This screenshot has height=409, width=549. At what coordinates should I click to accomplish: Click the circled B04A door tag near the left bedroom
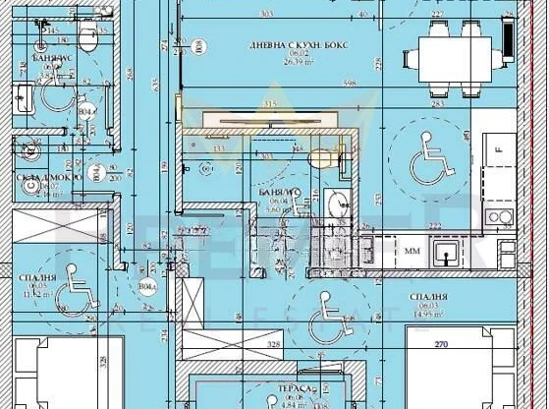(147, 287)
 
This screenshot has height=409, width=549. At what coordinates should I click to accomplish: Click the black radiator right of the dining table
(507, 36)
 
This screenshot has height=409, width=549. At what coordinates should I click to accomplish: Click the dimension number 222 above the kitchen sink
(434, 226)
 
